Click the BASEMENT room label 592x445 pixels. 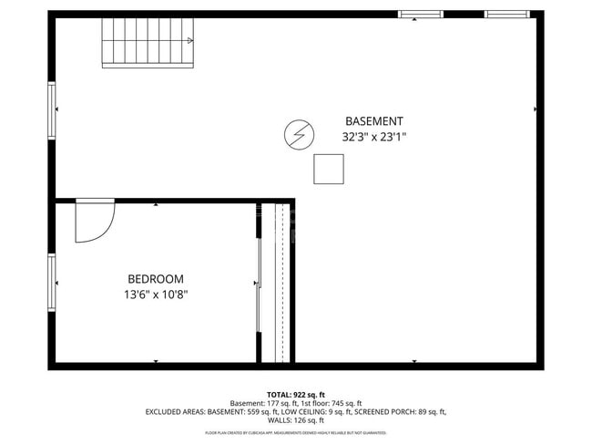tap(373, 121)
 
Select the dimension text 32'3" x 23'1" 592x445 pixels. tap(373, 138)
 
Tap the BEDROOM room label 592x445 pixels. tap(155, 279)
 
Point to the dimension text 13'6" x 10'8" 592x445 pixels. tap(155, 295)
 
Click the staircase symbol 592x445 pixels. tap(148, 43)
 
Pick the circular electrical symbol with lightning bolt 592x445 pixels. tap(297, 135)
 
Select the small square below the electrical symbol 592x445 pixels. tap(329, 169)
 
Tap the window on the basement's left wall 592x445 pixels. tap(52, 109)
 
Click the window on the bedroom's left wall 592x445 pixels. tap(52, 283)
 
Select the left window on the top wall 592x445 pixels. tap(421, 15)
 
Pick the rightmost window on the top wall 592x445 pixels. tap(506, 15)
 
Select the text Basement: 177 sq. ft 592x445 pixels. tap(260, 402)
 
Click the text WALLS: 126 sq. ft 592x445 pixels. tap(296, 420)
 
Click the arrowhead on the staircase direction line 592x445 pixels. tap(189, 40)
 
